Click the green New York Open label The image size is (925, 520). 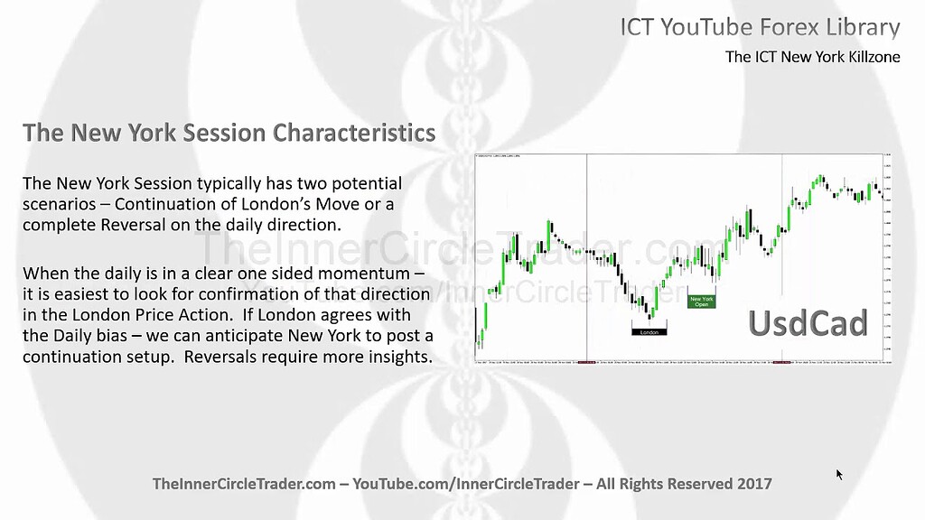(x=701, y=302)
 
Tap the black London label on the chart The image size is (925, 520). (x=649, y=332)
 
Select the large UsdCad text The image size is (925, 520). (x=808, y=323)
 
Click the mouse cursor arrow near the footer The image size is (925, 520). (x=839, y=473)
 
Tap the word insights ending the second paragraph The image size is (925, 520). (x=397, y=357)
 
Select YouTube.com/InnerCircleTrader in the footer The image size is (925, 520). (x=465, y=484)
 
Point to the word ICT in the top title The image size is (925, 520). (x=638, y=27)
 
